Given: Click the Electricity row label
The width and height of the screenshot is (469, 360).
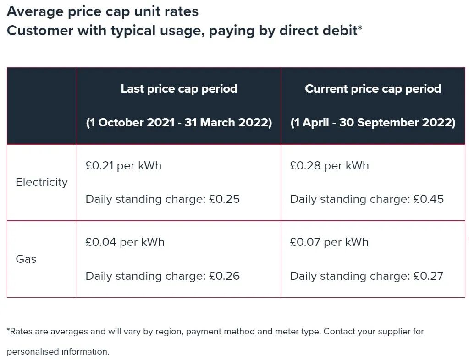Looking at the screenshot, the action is (42, 182).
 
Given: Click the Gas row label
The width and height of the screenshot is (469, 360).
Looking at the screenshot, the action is (26, 259).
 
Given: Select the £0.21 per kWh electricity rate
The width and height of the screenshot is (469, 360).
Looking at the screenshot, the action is (123, 166).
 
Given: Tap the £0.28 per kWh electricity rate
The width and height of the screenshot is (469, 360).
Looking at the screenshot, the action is (329, 166).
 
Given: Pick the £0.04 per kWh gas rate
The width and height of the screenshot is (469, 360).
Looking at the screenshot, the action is (125, 242).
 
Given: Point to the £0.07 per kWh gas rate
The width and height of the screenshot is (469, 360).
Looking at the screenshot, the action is (329, 242).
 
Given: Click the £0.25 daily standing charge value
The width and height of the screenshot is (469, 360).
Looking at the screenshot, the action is (224, 199).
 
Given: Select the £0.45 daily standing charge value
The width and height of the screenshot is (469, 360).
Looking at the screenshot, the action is (429, 199).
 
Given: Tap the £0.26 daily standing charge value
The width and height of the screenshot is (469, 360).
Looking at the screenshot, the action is (224, 276).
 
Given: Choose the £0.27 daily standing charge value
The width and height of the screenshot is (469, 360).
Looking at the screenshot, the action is (428, 276).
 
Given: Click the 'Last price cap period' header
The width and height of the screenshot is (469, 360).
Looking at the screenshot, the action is (179, 89).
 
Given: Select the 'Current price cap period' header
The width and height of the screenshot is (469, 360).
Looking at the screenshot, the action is (373, 89).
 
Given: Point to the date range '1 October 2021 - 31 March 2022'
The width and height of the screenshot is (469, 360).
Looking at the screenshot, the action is (179, 123).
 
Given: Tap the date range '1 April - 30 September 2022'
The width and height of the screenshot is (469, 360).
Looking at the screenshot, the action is (373, 123).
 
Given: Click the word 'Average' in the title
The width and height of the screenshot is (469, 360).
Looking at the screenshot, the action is (35, 12).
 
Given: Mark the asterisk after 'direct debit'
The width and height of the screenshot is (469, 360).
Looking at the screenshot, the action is (360, 28).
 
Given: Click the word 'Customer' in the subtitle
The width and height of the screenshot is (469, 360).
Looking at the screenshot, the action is (40, 31).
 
